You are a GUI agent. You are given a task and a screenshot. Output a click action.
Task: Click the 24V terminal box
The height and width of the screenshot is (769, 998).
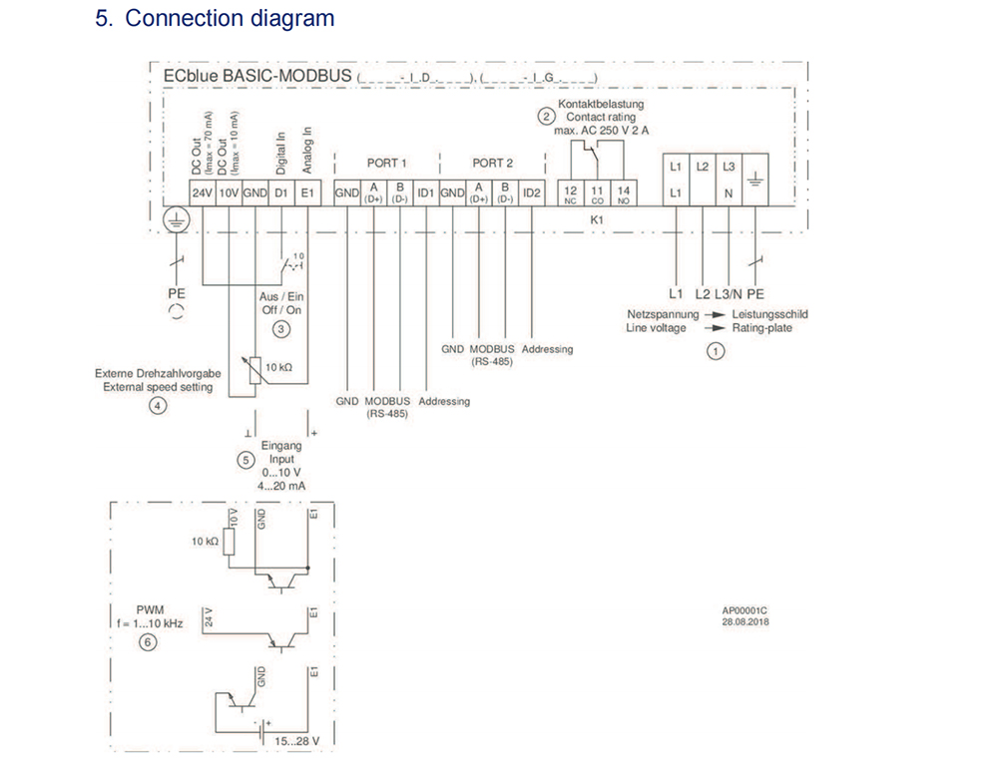[203, 192]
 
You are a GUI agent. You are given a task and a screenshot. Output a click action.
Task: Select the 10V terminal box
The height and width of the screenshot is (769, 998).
[228, 192]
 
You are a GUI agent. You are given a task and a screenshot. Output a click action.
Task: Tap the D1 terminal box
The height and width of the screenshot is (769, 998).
[281, 192]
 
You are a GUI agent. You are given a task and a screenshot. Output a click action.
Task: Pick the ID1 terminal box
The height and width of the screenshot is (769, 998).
[426, 192]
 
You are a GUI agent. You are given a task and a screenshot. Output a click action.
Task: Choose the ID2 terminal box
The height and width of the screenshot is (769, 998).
[531, 192]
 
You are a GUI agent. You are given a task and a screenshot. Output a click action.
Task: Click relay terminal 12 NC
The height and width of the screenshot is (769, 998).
[571, 192]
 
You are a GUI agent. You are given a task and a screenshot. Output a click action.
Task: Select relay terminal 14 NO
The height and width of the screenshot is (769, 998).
[624, 192]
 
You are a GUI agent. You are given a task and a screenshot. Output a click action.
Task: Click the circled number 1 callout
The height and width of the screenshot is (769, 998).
[714, 350]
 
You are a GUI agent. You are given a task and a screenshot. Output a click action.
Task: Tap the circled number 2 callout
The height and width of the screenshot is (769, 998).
[546, 116]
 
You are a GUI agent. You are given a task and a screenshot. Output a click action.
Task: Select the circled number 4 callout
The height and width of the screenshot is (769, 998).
[158, 405]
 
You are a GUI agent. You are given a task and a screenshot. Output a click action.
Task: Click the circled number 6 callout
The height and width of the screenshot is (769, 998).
[148, 643]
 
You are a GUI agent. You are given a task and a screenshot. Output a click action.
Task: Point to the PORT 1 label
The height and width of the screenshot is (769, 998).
[387, 163]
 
